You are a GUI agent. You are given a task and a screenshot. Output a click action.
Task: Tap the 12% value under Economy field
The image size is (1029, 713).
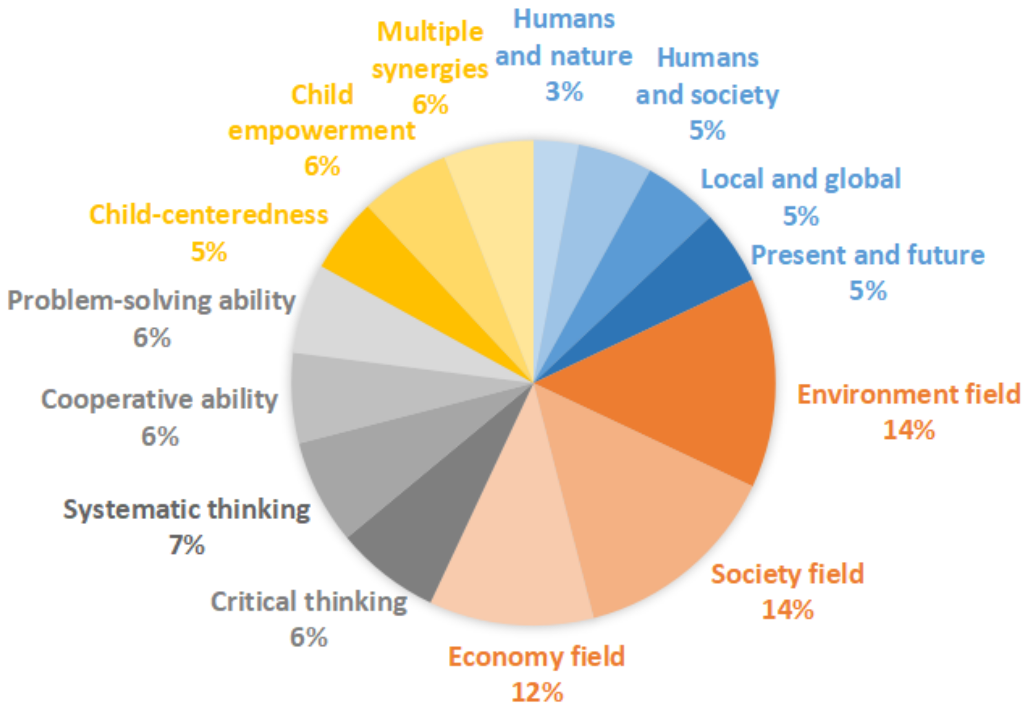pyautogui.click(x=536, y=693)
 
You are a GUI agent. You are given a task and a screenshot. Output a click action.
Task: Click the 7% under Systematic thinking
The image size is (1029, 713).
pyautogui.click(x=187, y=545)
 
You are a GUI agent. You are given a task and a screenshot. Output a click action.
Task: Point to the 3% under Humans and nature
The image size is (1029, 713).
pyautogui.click(x=564, y=92)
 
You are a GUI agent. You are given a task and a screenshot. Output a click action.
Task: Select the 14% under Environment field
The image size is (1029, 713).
pyautogui.click(x=908, y=430)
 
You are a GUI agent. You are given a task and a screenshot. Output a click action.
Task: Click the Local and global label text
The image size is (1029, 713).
pyautogui.click(x=801, y=179)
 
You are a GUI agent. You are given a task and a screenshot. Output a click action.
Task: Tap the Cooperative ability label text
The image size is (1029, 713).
pyautogui.click(x=159, y=399)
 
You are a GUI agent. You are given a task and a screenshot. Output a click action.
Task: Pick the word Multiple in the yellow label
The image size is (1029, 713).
pyautogui.click(x=430, y=32)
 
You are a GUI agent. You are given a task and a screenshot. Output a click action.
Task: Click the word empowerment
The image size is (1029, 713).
pyautogui.click(x=321, y=131)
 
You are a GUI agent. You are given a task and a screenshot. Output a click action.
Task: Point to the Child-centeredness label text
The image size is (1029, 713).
pyautogui.click(x=209, y=215)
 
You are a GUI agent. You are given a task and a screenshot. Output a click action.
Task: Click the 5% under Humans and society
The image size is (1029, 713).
pyautogui.click(x=707, y=130)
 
